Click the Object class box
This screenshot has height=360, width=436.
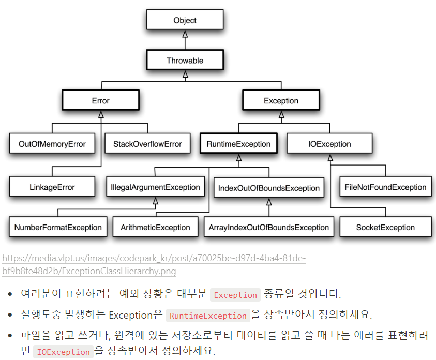pos(185,20)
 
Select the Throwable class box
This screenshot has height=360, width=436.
pos(185,61)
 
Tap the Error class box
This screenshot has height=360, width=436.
pos(100,101)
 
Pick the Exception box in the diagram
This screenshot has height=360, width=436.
pos(281,101)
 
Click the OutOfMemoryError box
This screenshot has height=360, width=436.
pos(52,144)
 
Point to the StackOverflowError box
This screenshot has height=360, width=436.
pos(147,144)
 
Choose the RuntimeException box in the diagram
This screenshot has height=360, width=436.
pos(238,144)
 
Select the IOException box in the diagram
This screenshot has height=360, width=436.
pos(329,144)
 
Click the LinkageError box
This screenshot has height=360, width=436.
pos(52,187)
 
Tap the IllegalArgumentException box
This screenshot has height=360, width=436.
pos(155,187)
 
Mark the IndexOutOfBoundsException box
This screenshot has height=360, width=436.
pos(268,188)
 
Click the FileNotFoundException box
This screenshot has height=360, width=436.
pos(385,187)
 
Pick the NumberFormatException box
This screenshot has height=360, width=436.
pos(58,227)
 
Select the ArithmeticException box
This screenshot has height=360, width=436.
pos(155,227)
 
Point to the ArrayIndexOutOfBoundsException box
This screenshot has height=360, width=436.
pos(268,227)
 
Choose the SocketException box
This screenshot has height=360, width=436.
pos(385,227)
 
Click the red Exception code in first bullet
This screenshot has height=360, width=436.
pos(235,295)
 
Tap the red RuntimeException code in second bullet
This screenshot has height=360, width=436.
pos(208,316)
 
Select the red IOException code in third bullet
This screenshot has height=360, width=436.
pos(63,352)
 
